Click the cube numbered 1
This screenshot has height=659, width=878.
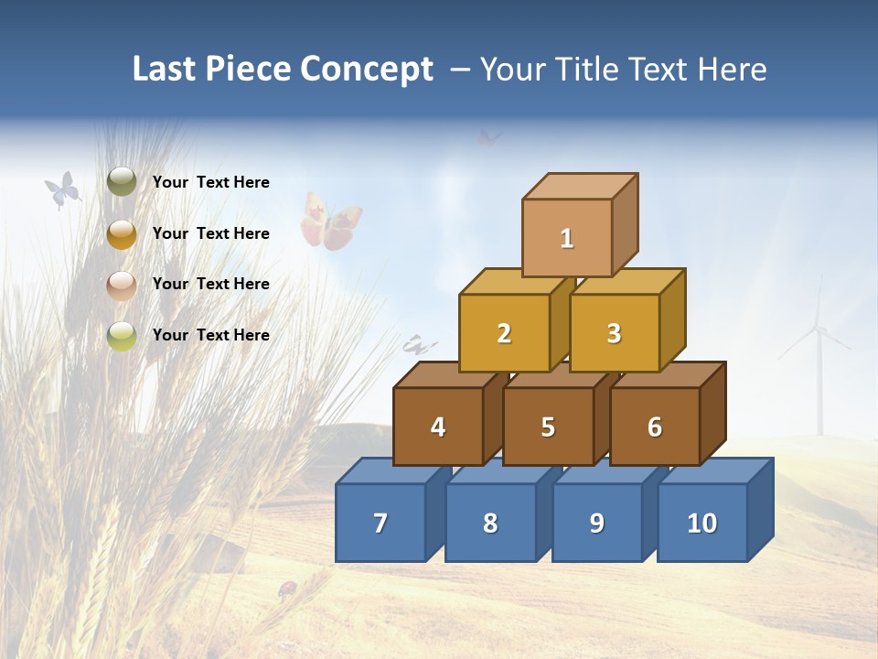(x=567, y=238)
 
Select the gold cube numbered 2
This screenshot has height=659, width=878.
(x=504, y=333)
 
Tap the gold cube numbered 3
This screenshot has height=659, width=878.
(x=614, y=333)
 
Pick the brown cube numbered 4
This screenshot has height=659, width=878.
(x=438, y=427)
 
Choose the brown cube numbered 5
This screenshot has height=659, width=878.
(x=548, y=427)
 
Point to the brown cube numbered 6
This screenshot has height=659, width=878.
(x=655, y=427)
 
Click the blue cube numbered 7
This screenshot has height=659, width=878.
(x=380, y=523)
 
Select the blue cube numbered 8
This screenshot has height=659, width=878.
(x=490, y=523)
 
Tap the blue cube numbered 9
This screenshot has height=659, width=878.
(x=597, y=523)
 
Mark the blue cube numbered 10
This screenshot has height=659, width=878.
(x=702, y=523)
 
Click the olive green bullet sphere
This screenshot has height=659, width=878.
(x=122, y=182)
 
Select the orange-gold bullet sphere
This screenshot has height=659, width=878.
(x=122, y=234)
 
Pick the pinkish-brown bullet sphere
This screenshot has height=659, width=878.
(x=122, y=286)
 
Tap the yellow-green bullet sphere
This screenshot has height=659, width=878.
(x=122, y=336)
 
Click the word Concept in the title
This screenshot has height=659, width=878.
(x=366, y=70)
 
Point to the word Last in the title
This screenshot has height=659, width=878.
(x=166, y=70)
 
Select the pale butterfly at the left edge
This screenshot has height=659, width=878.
(x=62, y=189)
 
